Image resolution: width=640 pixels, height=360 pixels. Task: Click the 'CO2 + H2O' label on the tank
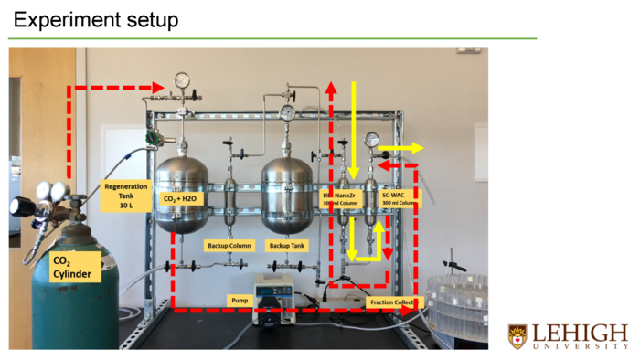[x=180, y=198]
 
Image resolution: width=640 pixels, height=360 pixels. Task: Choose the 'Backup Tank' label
[x=284, y=246]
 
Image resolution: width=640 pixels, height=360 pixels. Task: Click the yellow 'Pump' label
[x=237, y=300]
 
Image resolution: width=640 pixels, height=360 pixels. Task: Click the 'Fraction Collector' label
[x=393, y=302]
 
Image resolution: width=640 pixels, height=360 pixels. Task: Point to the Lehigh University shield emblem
[x=517, y=335]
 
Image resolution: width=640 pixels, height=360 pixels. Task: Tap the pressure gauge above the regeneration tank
[x=182, y=81]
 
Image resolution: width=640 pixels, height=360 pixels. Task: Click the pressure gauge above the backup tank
[x=288, y=112]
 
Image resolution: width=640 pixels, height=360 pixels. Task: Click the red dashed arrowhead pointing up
[x=331, y=88]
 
